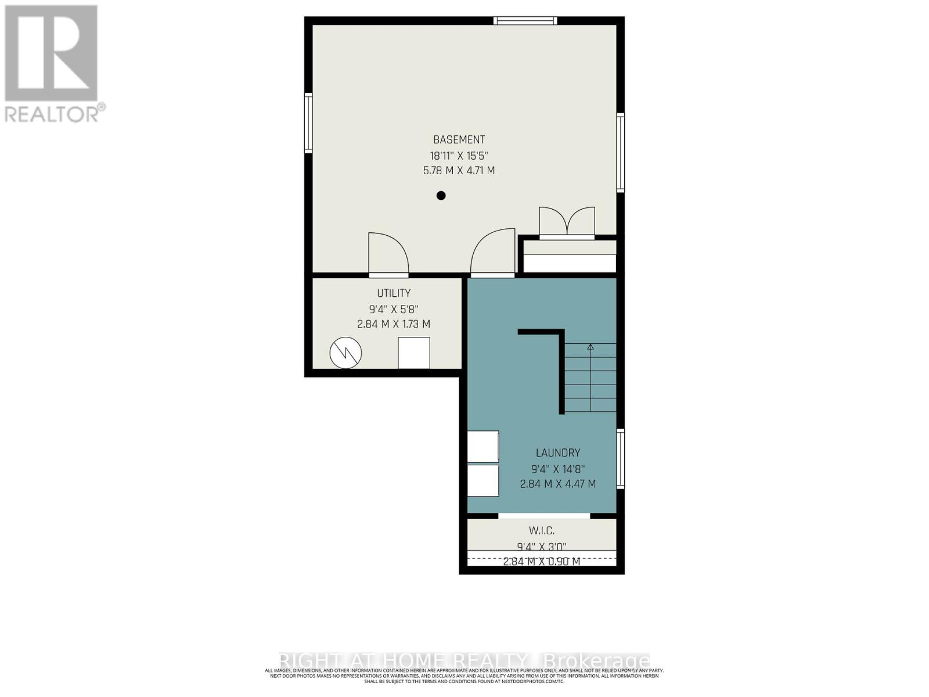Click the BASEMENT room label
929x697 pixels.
459,139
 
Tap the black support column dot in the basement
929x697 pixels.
441,196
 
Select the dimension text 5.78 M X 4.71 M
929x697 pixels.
459,171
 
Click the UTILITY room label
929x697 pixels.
394,293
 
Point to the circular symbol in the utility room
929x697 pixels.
345,353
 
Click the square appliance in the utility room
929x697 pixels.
414,353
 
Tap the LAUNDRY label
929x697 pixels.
557,452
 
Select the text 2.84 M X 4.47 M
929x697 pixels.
557,484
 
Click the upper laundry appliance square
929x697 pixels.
483,446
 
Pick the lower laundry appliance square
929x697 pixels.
483,480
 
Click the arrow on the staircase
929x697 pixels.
590,347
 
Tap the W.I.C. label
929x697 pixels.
541,530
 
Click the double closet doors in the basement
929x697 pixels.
567,222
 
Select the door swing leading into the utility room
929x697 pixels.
388,253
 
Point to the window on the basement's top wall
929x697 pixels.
525,21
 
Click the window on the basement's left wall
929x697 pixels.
309,123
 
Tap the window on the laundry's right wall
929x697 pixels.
620,459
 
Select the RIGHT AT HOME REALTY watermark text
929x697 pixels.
403,660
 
